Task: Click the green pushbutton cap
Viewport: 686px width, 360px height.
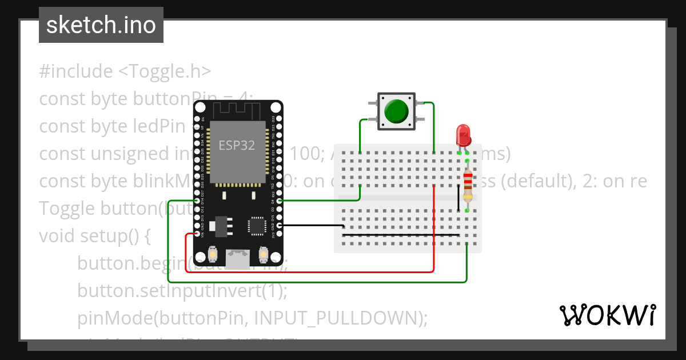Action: (397, 111)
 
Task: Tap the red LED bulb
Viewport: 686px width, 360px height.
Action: (462, 136)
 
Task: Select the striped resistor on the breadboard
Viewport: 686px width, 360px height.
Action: (468, 185)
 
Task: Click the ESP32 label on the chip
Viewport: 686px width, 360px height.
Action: (237, 145)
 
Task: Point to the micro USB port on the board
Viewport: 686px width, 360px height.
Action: (238, 258)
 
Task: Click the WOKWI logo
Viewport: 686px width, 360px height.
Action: (607, 314)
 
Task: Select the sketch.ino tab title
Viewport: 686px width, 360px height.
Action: (101, 25)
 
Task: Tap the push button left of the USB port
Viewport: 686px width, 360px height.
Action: (212, 254)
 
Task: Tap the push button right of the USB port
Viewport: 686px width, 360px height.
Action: (264, 254)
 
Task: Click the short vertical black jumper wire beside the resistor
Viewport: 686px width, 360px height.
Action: (458, 198)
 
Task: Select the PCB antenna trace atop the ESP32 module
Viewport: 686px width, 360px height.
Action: (237, 109)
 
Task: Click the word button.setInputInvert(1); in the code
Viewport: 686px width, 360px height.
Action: (182, 291)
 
